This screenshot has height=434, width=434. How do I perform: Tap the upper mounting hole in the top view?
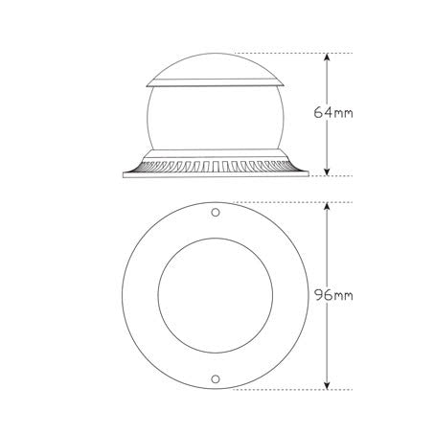pos(216,211)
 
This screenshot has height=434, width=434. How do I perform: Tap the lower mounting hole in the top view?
pos(216,379)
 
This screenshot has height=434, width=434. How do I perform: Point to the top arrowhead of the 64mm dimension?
pos(329,57)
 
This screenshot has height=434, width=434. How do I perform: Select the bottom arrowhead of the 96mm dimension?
pos(329,385)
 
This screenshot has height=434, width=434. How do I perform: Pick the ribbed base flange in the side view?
pos(216,168)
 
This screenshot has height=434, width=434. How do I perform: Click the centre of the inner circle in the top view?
pos(216,295)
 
